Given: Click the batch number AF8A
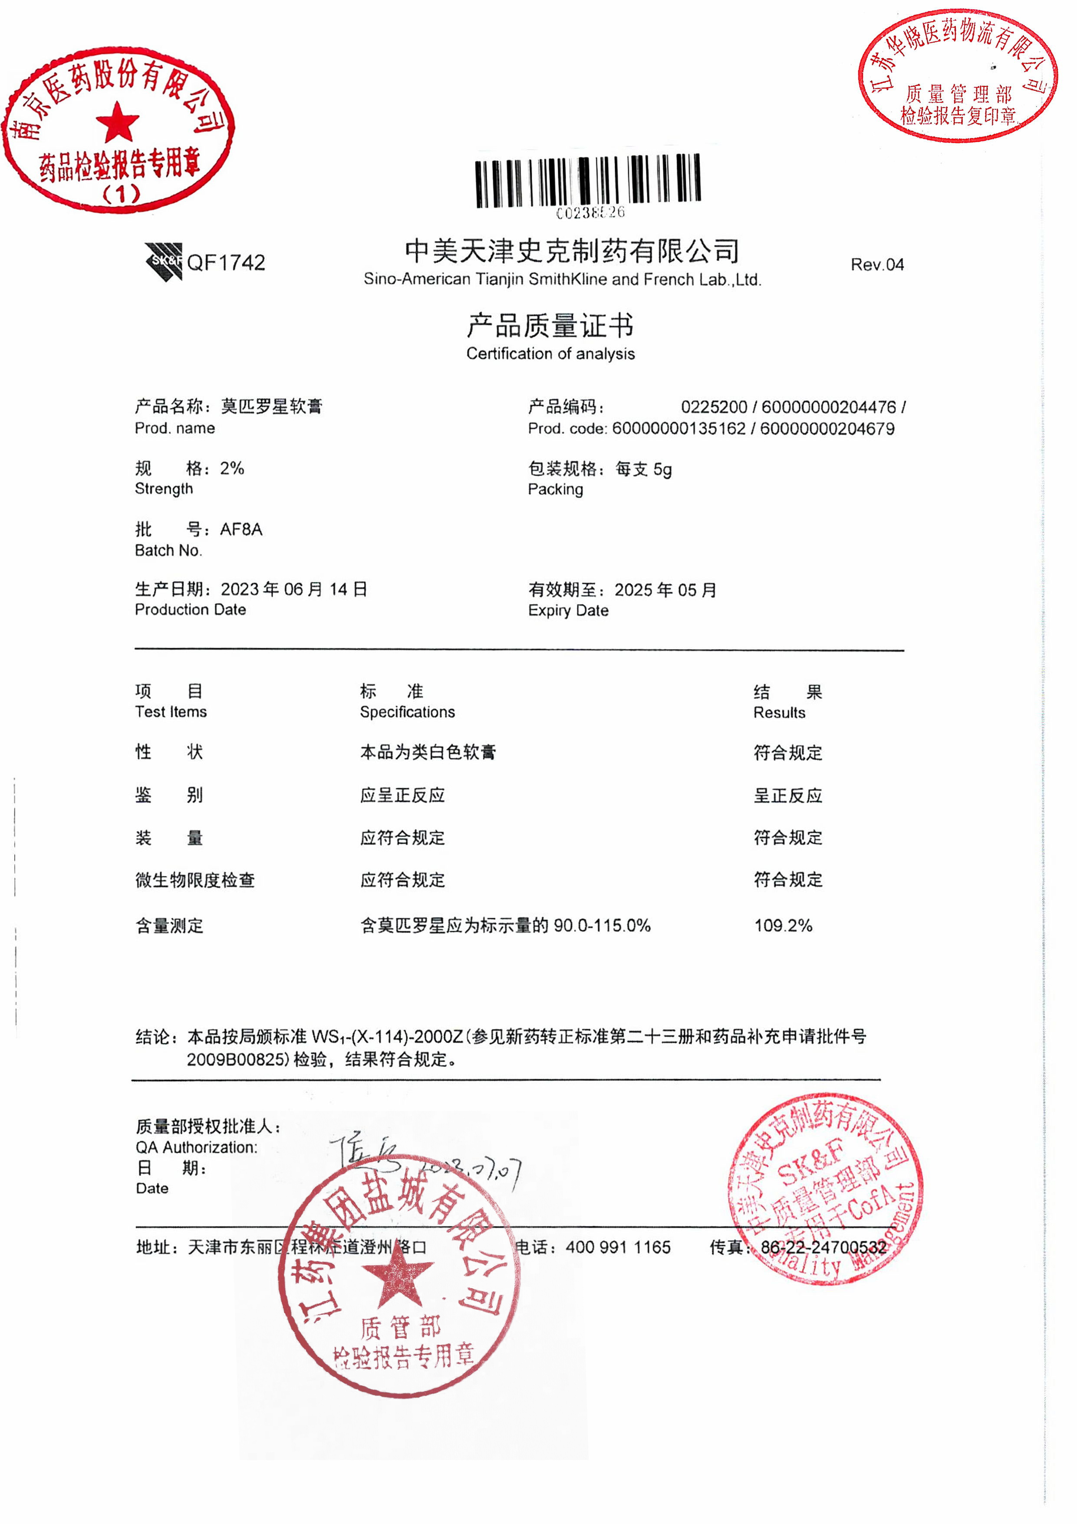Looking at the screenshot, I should [241, 530].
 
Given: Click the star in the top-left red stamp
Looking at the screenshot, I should [118, 123].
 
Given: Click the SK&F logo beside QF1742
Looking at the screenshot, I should [163, 261].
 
